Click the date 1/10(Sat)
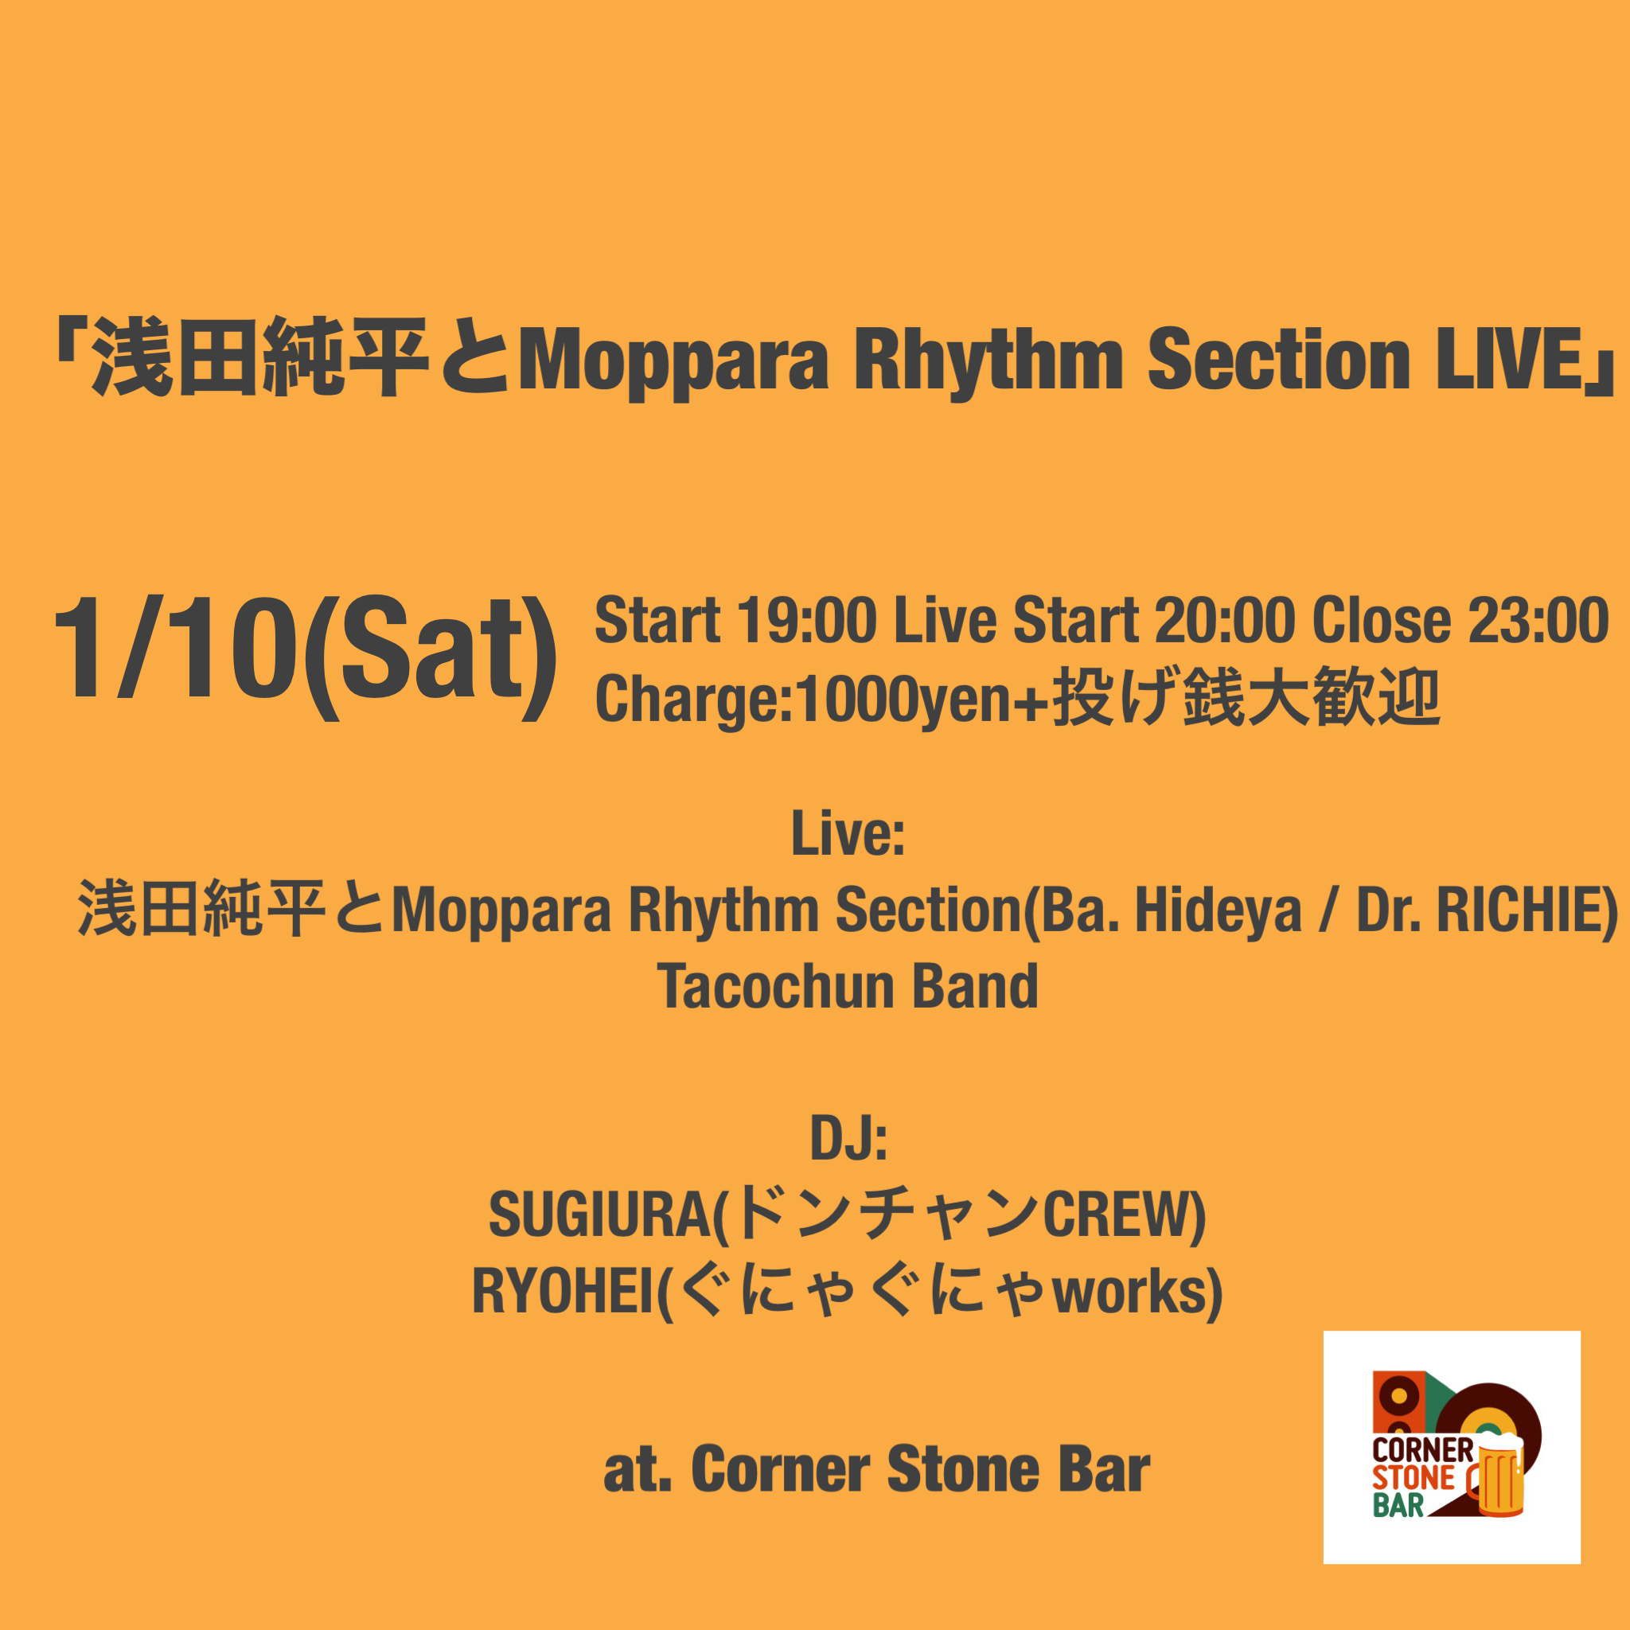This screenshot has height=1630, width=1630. pyautogui.click(x=305, y=656)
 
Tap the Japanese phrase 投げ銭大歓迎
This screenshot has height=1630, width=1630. pyautogui.click(x=1245, y=697)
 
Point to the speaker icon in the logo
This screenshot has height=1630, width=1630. pyautogui.click(x=1398, y=1404)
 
